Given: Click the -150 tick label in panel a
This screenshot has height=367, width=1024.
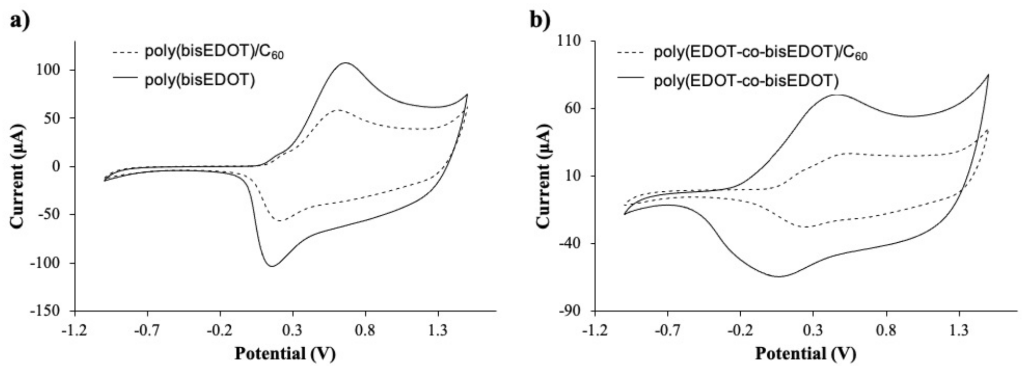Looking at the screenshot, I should click(46, 311).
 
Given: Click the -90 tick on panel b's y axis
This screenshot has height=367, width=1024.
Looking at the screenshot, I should click(571, 311).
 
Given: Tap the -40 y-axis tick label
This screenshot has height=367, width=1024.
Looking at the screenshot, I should click(571, 243).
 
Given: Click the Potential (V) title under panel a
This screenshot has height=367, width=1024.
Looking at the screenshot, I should click(285, 353).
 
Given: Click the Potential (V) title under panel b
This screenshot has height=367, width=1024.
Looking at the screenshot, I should click(805, 353).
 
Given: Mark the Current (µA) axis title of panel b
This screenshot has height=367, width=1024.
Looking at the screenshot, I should click(543, 176).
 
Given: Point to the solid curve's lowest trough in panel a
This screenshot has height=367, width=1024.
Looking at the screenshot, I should click(272, 266).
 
